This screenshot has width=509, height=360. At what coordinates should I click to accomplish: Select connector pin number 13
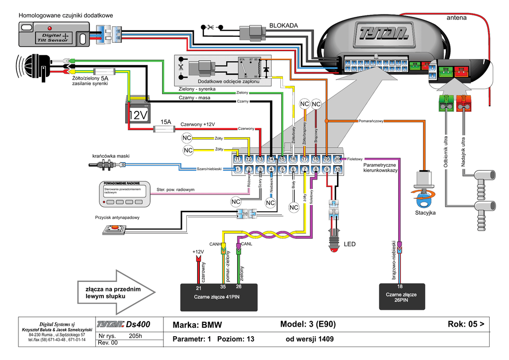pyautogui.click(x=260, y=159)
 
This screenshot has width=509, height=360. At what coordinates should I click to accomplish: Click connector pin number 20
pyautogui.click(x=338, y=159)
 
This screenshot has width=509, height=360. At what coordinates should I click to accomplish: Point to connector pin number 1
pyautogui.click(x=238, y=170)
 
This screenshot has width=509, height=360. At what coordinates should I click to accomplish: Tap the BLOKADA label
pyautogui.click(x=283, y=25)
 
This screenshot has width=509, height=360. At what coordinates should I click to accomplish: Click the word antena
pyautogui.click(x=456, y=18)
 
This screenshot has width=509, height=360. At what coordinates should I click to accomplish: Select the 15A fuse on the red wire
pyautogui.click(x=165, y=129)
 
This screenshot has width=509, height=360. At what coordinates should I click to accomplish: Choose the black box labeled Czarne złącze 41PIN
pyautogui.click(x=218, y=297)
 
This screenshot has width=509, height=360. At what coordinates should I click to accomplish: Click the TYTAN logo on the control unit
pyautogui.click(x=384, y=34)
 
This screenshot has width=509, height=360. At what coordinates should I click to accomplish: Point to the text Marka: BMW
pyautogui.click(x=197, y=325)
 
